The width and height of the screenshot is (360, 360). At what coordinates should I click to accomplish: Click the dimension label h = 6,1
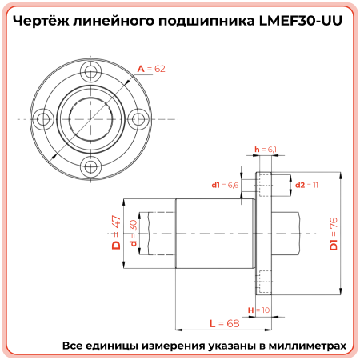tap(265, 150)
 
